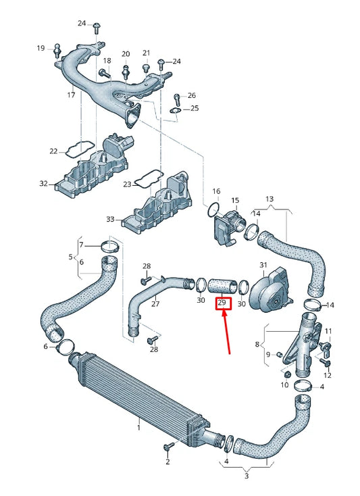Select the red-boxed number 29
coord(223,304)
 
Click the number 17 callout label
coord(71,95)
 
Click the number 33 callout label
coord(110,220)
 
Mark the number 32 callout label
coord(44,183)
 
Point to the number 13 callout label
coord(269,199)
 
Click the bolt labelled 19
coord(58,51)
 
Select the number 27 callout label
coord(155,304)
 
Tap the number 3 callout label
coord(247,476)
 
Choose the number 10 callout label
coord(285,385)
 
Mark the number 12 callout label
coord(328,374)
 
